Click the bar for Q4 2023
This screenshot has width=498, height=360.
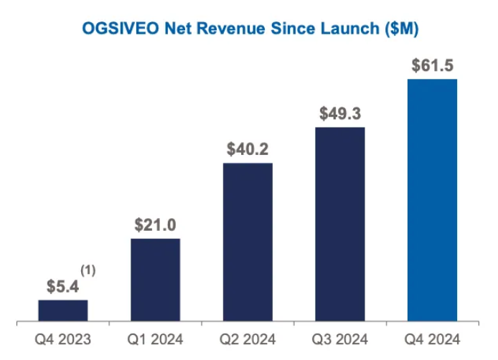tap(63, 310)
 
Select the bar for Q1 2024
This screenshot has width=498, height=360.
tap(155, 279)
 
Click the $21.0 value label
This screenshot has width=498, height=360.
tap(155, 225)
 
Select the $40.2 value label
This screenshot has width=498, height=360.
tap(248, 150)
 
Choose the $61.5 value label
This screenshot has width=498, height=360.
tap(433, 66)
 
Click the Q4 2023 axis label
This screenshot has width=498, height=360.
tap(63, 339)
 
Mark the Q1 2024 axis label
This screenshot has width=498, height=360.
tap(155, 339)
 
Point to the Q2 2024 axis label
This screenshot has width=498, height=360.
tap(248, 339)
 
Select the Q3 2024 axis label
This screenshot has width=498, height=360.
tap(340, 339)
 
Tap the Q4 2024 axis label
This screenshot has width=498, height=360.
tap(432, 339)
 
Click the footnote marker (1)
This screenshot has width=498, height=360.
tap(88, 271)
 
